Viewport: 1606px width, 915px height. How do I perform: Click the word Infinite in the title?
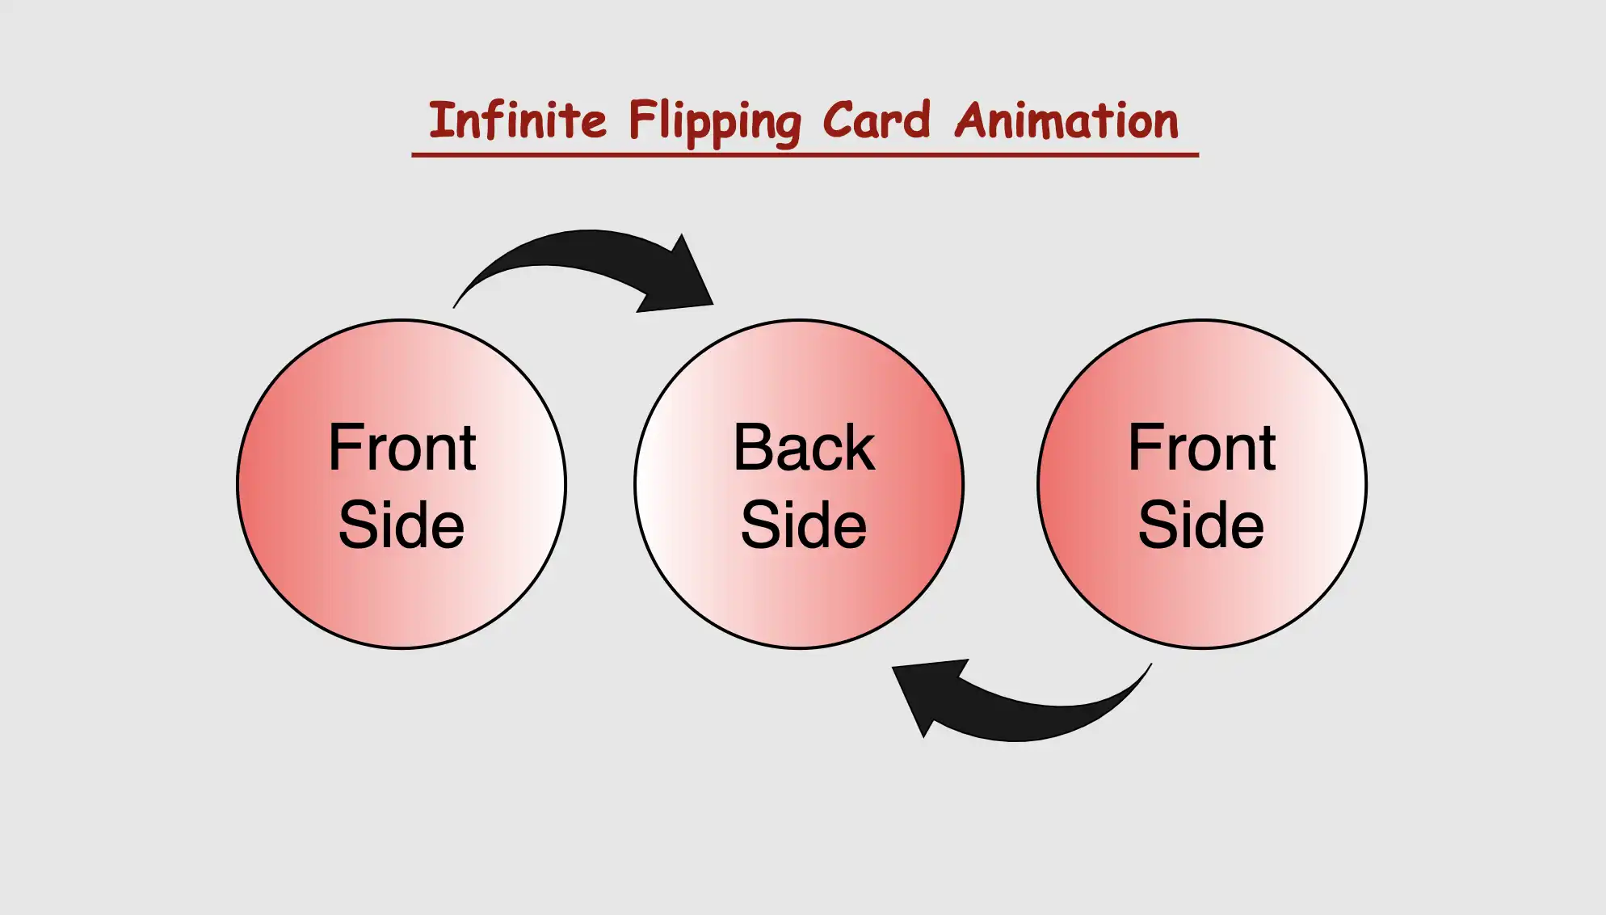tap(517, 121)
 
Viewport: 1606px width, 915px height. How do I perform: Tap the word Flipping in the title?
tap(714, 123)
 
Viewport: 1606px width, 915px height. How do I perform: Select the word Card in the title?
tap(877, 121)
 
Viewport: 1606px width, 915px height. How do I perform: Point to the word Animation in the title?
tap(1066, 121)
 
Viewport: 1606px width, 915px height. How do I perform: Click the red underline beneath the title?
tap(805, 154)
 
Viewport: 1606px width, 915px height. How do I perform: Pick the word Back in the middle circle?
tap(804, 448)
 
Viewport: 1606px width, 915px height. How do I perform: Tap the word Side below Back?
tap(804, 525)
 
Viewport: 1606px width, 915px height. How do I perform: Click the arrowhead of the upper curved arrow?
tap(683, 279)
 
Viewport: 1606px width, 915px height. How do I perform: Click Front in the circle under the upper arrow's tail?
tap(402, 448)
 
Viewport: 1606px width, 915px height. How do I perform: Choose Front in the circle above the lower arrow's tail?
tap(1202, 448)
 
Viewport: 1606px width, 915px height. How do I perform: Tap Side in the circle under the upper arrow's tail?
tap(401, 525)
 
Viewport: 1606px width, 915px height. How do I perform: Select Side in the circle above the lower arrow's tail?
tap(1201, 525)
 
